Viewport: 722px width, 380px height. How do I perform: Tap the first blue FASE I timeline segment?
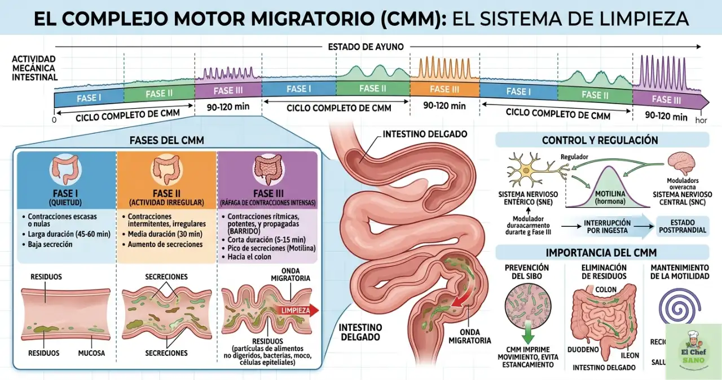pyautogui.click(x=89, y=97)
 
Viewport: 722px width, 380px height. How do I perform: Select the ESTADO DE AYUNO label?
pyautogui.click(x=366, y=47)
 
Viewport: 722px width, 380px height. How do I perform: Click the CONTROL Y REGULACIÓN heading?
pyautogui.click(x=600, y=140)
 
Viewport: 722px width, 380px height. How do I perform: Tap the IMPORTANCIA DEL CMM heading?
pyautogui.click(x=601, y=253)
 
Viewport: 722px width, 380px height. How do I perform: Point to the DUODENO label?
pyautogui.click(x=583, y=349)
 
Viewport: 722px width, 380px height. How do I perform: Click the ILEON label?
pyautogui.click(x=629, y=355)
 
